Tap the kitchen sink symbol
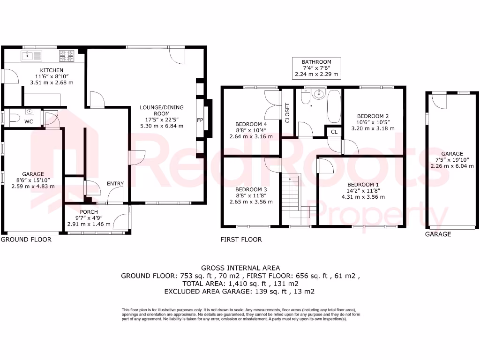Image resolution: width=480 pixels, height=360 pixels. point(32,56)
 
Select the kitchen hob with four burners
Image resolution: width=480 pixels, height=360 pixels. point(67,56)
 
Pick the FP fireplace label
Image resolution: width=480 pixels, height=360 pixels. point(200,120)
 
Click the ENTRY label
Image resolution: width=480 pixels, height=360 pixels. point(115,184)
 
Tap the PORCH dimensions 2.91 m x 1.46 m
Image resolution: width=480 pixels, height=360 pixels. point(89,224)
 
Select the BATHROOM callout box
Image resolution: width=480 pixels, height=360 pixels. point(316,68)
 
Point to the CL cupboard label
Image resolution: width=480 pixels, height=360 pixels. point(334,132)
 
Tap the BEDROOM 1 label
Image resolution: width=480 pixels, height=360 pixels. point(361,185)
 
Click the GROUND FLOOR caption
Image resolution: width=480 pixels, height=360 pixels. point(26,240)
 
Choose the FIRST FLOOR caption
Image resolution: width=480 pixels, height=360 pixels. point(241,240)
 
